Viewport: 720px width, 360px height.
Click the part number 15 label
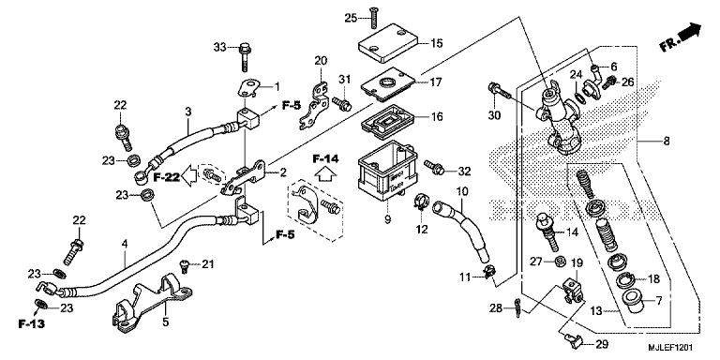(437, 42)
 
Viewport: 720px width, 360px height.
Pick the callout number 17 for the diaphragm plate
(436, 82)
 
